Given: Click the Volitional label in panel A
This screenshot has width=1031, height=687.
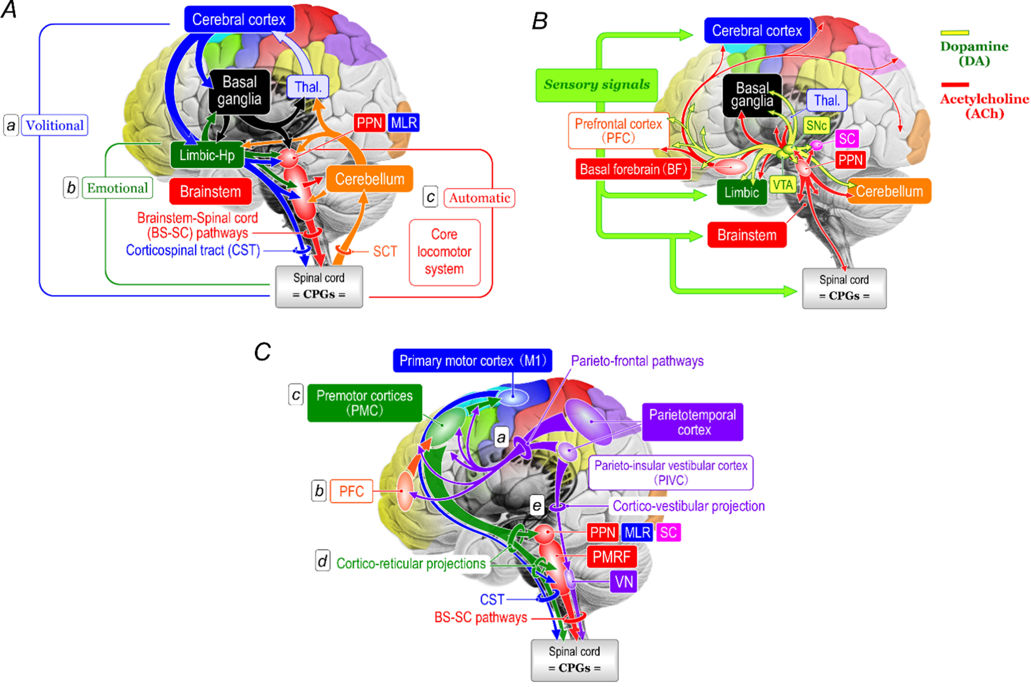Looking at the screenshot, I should [x=55, y=125].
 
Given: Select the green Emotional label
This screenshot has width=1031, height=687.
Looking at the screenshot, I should [x=117, y=188].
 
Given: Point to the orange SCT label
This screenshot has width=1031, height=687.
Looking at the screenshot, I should [x=385, y=251].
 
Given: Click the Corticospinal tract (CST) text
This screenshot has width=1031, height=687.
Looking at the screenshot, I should [x=193, y=250].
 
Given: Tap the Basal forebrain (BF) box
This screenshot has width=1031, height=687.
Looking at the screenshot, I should [x=633, y=169].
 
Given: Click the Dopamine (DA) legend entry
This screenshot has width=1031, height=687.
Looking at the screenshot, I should [x=974, y=53].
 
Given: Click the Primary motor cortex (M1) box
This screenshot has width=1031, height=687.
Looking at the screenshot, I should [x=472, y=361].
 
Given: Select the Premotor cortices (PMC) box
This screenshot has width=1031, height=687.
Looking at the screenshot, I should [x=365, y=403].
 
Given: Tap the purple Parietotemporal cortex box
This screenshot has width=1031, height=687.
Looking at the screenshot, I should [x=692, y=422].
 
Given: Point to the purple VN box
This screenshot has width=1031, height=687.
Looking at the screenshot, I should [x=624, y=582].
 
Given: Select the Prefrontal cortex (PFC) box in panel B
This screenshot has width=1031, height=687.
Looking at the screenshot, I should [x=618, y=131].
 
